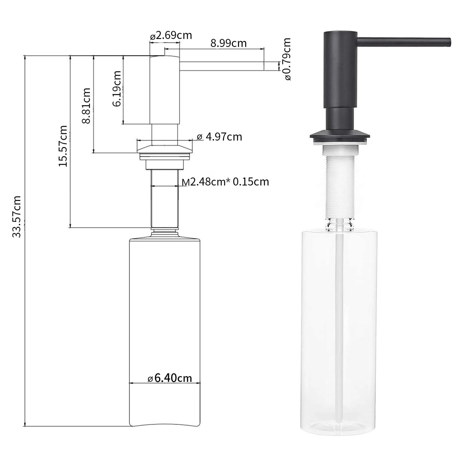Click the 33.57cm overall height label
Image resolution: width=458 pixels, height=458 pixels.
pos(16,216)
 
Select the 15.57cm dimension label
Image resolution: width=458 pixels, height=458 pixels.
pos(63,146)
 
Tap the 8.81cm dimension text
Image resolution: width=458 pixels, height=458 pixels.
pos(86,106)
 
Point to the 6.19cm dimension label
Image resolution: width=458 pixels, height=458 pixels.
pos(117,88)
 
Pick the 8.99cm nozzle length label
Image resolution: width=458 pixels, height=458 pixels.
pos(228,43)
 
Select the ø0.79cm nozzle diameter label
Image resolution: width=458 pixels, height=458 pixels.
pos(287,59)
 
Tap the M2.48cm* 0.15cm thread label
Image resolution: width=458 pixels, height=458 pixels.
pos(225,182)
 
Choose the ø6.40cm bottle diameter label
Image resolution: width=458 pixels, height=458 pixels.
pos(170,378)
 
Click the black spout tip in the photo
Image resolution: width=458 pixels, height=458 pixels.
pos(448,42)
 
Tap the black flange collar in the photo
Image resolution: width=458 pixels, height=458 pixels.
pos(339,135)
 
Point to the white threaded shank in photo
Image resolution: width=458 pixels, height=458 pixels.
pos(339,187)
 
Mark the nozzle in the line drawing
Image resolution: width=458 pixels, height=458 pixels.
pos(222,66)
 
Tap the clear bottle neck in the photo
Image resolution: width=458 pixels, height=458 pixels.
pos(339,224)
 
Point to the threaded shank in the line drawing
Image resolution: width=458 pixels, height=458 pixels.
pos(164,198)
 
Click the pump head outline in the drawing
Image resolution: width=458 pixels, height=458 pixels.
pos(164,90)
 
